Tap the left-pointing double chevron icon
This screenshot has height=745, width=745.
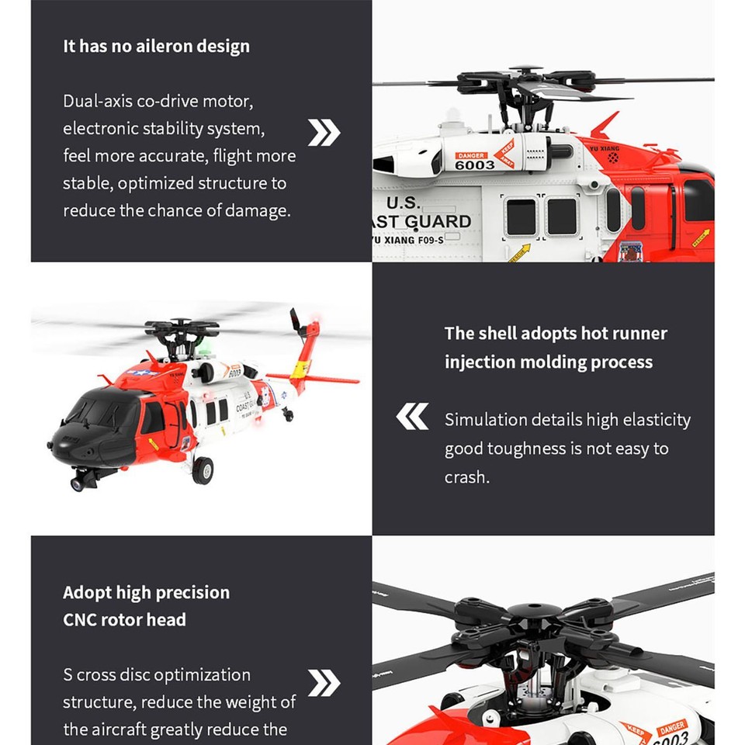[x=412, y=418]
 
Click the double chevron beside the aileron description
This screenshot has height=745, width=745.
[x=324, y=133]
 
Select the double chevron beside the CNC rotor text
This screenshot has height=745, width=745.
[x=324, y=683]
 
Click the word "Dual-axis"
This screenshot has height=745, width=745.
[x=99, y=101]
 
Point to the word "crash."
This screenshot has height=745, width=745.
[x=467, y=477]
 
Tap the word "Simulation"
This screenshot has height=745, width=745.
[x=486, y=420]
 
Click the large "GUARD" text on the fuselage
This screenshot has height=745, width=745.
[x=436, y=222]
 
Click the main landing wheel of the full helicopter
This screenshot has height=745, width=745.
[x=203, y=470]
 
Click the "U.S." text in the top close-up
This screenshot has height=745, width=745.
[x=403, y=203]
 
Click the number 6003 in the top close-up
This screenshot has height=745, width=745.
[x=474, y=165]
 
